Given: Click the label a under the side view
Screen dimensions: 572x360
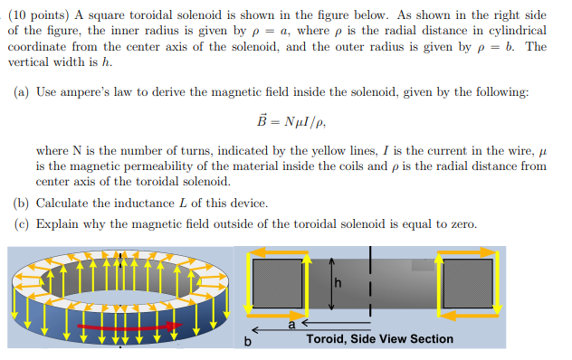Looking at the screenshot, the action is pos(291,322).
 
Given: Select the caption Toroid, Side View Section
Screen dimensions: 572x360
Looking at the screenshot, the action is pos(379,339).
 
